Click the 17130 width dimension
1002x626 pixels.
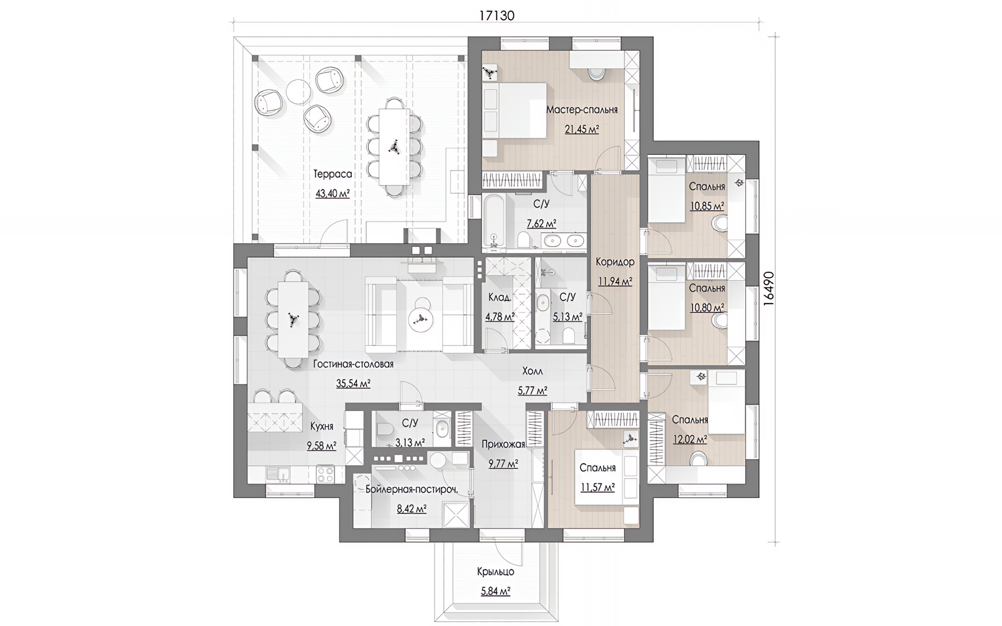[x=497, y=16]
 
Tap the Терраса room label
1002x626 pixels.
[x=332, y=174]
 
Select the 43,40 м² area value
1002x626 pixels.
[x=332, y=194]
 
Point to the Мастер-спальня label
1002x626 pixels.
[x=582, y=110]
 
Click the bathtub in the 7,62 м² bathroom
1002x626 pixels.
[x=493, y=223]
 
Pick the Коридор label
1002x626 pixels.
[x=615, y=262]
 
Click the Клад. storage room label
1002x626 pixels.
[x=499, y=297]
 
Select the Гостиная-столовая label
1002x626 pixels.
[x=353, y=364]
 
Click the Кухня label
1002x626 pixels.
[x=321, y=426]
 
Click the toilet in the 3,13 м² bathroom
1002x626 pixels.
[x=384, y=429]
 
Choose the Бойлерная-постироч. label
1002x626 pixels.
[x=412, y=489]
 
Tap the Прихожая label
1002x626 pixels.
[x=503, y=444]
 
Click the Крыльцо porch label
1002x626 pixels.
[x=495, y=572]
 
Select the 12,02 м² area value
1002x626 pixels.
[x=690, y=439]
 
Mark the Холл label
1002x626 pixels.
[x=532, y=371]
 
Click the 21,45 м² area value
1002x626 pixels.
[x=582, y=129]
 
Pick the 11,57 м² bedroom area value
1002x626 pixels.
[x=598, y=488]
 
